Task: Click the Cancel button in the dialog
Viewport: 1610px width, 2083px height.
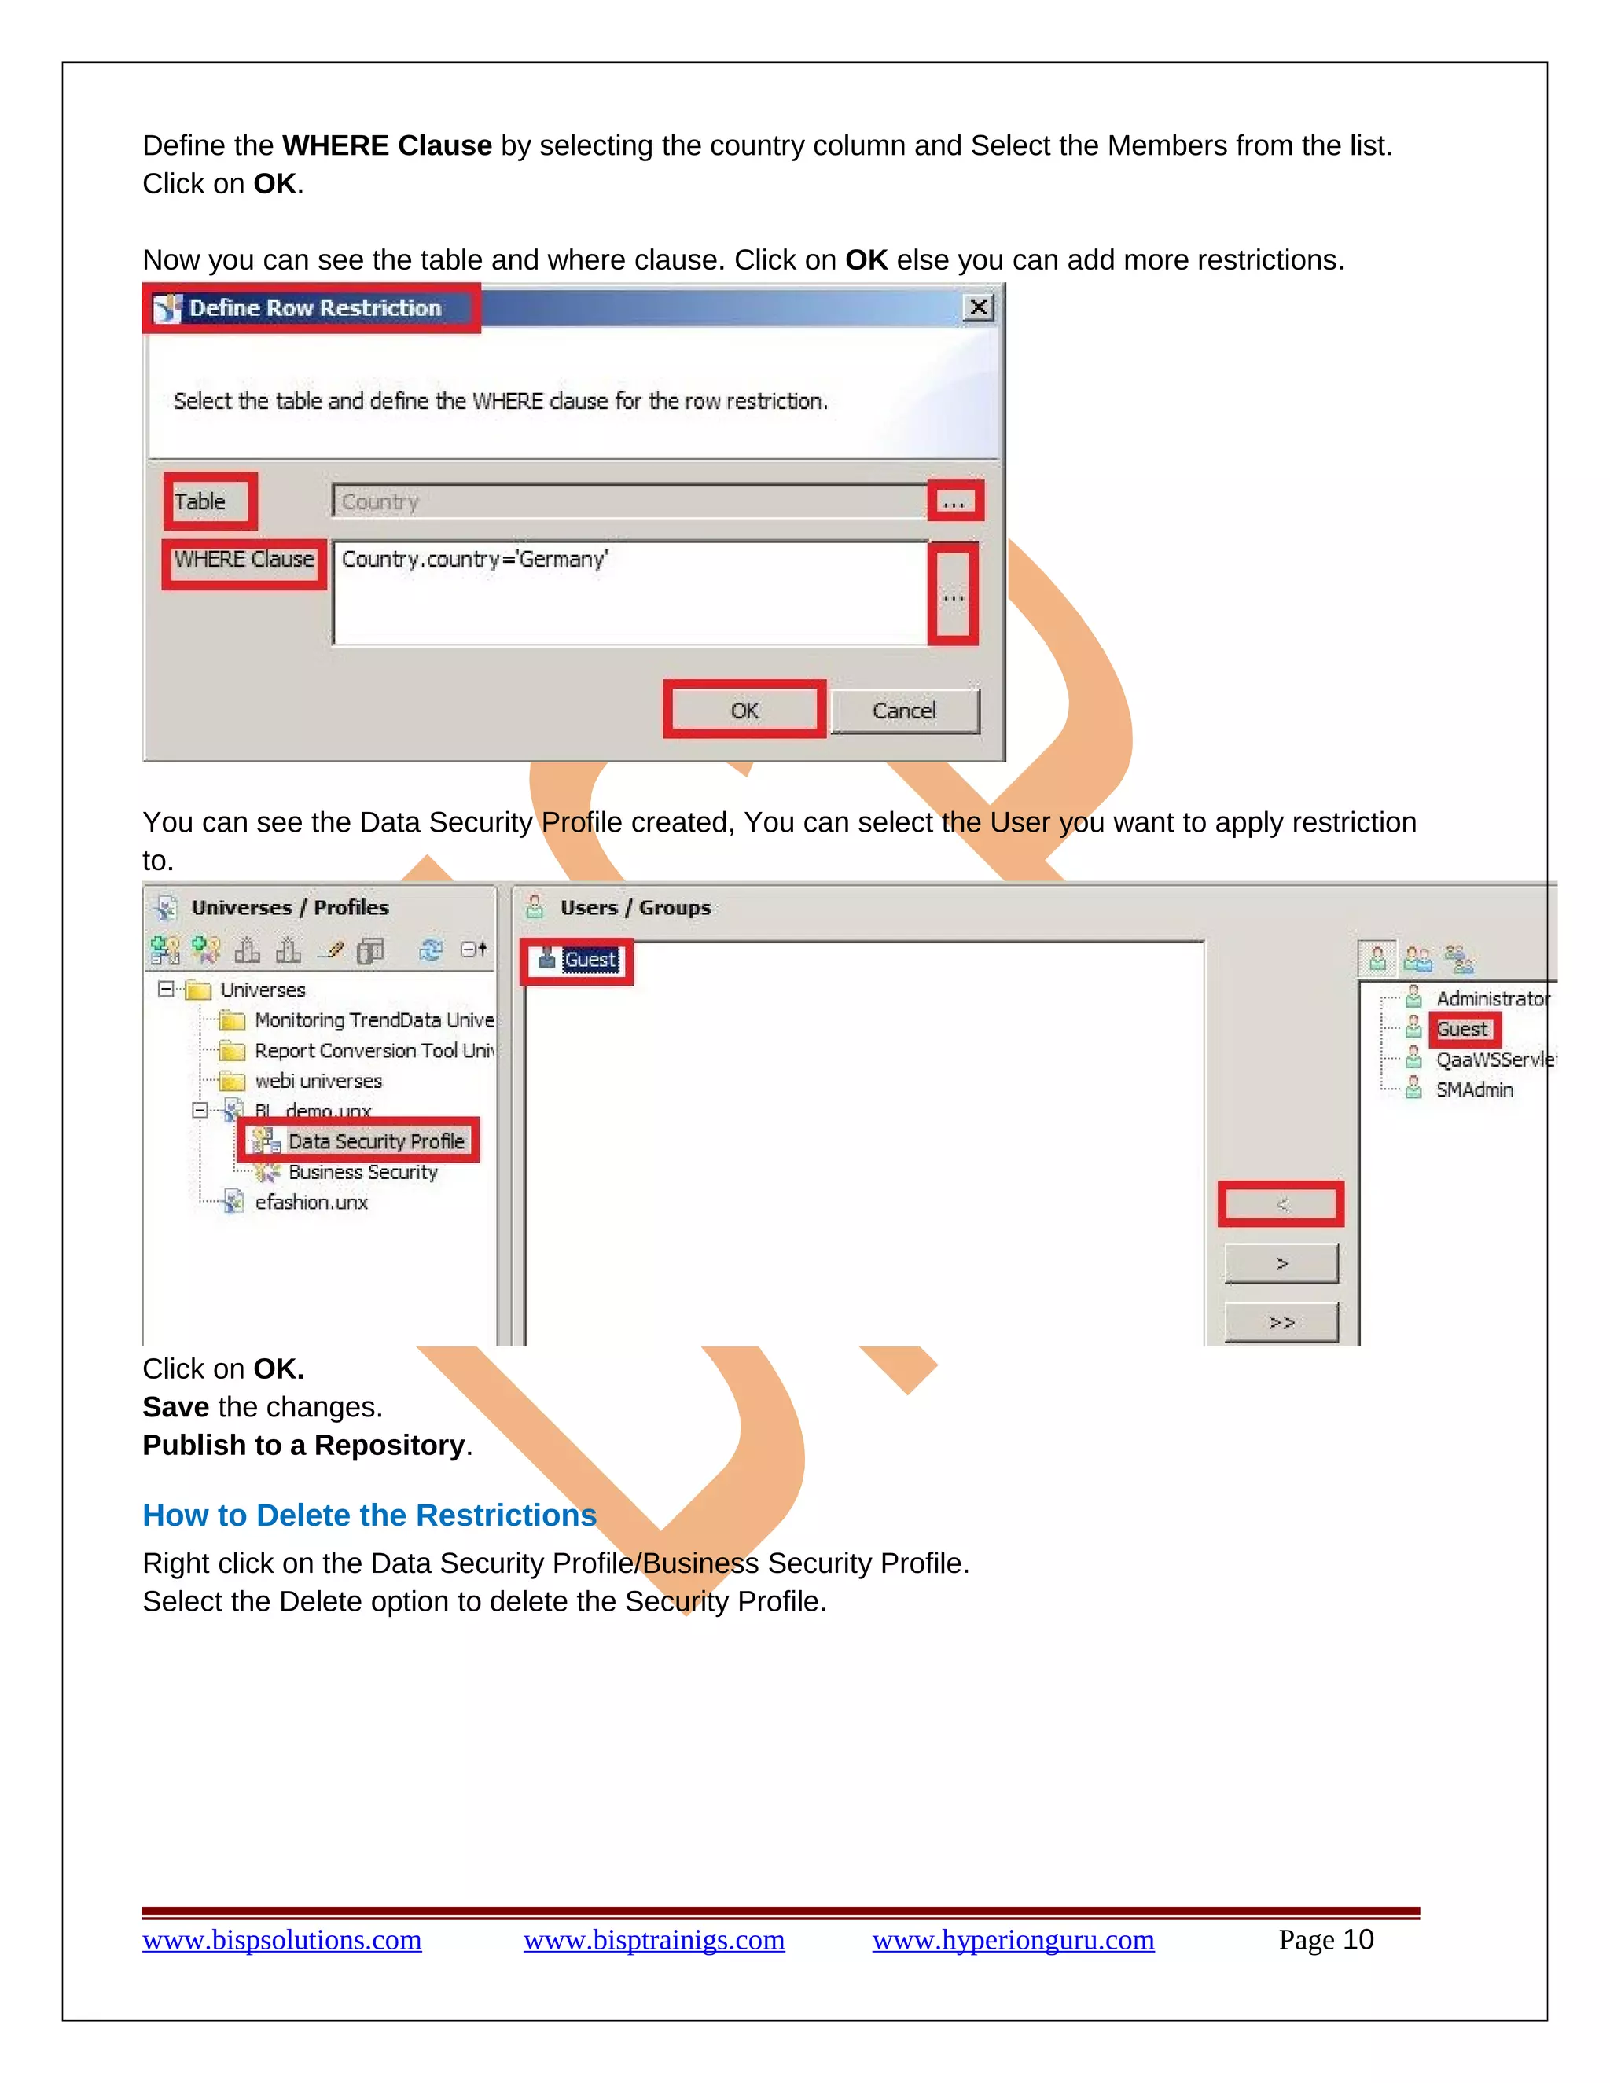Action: click(904, 711)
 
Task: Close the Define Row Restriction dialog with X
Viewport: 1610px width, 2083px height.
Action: click(978, 307)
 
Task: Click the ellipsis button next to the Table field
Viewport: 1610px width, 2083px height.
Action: click(954, 501)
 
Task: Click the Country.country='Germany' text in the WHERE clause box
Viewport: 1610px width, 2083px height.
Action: click(474, 559)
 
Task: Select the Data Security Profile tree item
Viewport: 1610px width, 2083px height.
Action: click(375, 1141)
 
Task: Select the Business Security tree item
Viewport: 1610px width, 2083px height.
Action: click(362, 1172)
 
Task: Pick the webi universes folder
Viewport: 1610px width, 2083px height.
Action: click(318, 1082)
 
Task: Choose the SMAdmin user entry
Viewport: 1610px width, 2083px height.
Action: click(1474, 1090)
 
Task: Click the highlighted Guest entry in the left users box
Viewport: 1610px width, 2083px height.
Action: click(589, 961)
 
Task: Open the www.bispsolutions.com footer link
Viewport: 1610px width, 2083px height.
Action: click(281, 1940)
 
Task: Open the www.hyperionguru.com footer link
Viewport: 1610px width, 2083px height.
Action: click(1013, 1940)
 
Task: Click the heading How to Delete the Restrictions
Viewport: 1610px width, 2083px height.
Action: click(369, 1515)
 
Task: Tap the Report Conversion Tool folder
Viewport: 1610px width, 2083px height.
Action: click(373, 1051)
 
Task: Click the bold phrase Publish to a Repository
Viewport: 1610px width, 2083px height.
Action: click(303, 1445)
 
